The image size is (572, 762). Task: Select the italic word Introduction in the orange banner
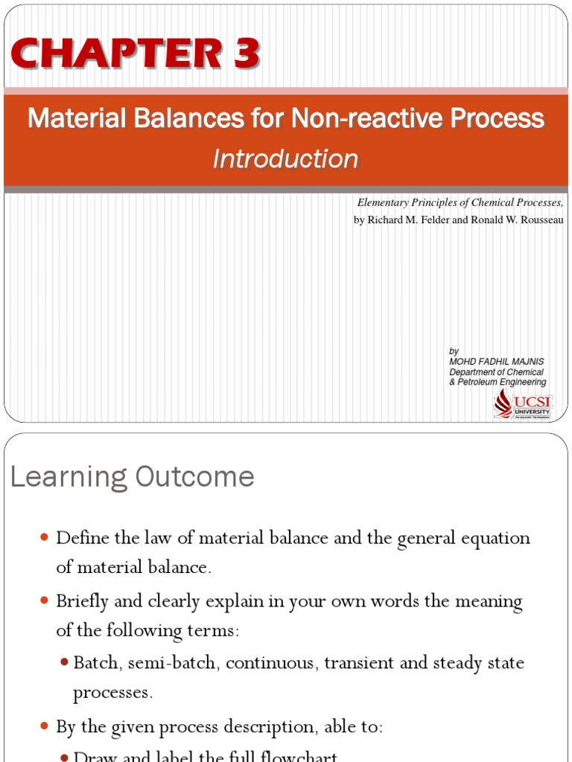pos(285,159)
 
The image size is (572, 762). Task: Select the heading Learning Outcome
pos(133,477)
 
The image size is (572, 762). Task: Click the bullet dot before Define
pos(44,537)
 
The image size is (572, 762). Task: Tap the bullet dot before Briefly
pos(44,600)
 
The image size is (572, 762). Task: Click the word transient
pos(359,662)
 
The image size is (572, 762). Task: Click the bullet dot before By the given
pos(44,726)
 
